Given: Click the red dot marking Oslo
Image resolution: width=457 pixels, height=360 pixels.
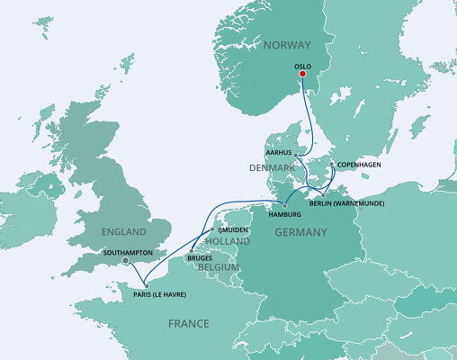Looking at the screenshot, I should pyautogui.click(x=302, y=76).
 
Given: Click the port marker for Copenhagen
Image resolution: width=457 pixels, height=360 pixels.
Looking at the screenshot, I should pyautogui.click(x=331, y=165).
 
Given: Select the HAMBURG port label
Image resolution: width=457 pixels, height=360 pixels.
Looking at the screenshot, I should pyautogui.click(x=289, y=214).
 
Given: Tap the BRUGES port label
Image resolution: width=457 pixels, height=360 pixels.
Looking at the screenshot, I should pyautogui.click(x=200, y=259).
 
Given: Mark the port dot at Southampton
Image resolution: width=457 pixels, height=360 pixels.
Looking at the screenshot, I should pyautogui.click(x=125, y=262).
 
